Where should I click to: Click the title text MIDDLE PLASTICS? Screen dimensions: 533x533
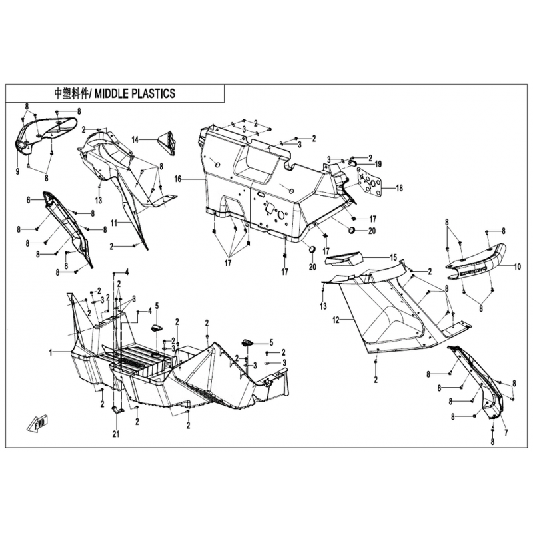coord(135,93)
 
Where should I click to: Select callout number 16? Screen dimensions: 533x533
coord(178,179)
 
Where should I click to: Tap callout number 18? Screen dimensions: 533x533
coord(399,188)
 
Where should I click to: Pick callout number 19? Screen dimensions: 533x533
coord(378,164)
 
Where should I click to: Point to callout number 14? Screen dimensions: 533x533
coord(135,139)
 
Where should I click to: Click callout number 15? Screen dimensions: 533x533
coord(393,257)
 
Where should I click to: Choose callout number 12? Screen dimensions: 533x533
coord(336,320)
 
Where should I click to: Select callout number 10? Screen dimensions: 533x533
coord(517,267)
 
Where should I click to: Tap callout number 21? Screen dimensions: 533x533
coord(116,434)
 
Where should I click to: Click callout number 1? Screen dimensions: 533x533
coord(51,353)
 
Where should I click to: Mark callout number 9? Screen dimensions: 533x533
coord(18,171)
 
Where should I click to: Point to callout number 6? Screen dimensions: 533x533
coord(29,200)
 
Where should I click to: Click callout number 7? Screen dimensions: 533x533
coord(506,434)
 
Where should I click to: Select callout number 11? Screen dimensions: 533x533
coord(114,223)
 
